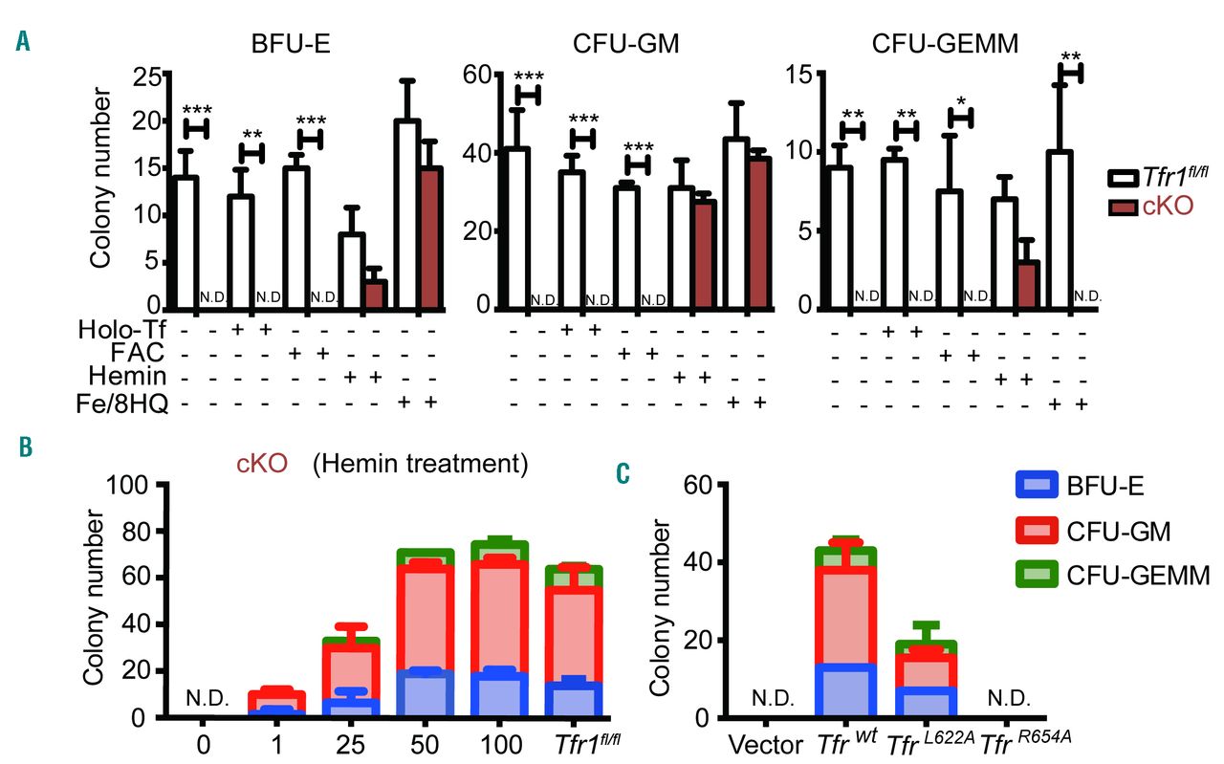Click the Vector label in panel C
click(x=768, y=743)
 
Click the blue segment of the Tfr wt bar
click(x=845, y=690)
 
